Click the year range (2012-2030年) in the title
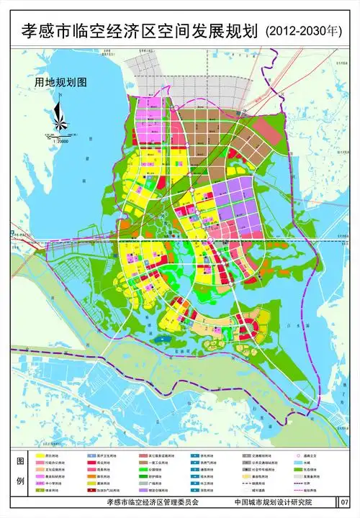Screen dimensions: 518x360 306,31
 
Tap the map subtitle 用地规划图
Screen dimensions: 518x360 60,82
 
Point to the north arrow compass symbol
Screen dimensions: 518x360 58,115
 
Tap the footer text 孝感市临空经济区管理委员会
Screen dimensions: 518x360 152,501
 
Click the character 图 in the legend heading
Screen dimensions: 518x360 20,460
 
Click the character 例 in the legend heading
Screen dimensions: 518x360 20,480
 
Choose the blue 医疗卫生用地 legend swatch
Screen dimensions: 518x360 91,456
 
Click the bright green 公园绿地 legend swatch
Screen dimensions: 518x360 143,473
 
